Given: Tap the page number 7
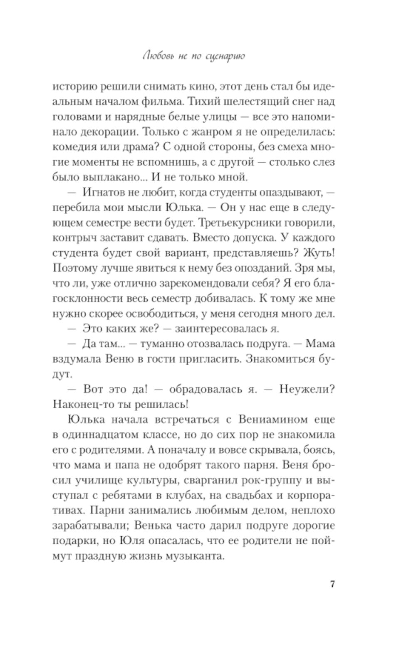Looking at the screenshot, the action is coord(332,584).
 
